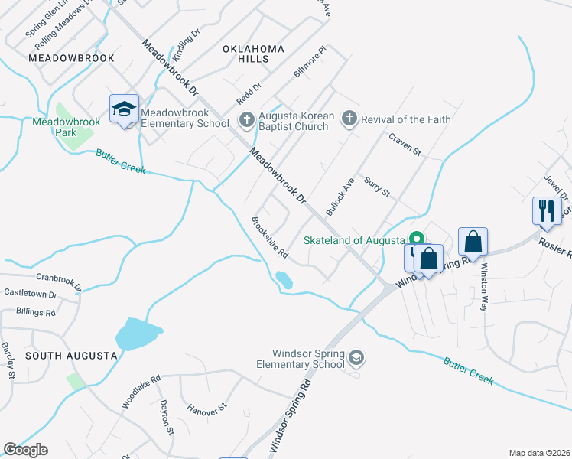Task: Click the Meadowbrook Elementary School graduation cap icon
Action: [124, 109]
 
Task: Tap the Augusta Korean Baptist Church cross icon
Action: [246, 119]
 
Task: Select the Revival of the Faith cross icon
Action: [349, 119]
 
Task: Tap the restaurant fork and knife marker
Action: [546, 210]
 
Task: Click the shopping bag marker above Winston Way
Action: [473, 241]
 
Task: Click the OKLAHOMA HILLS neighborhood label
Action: [253, 54]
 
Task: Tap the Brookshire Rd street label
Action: [270, 237]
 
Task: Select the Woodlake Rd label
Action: [141, 390]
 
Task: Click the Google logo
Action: [26, 450]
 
